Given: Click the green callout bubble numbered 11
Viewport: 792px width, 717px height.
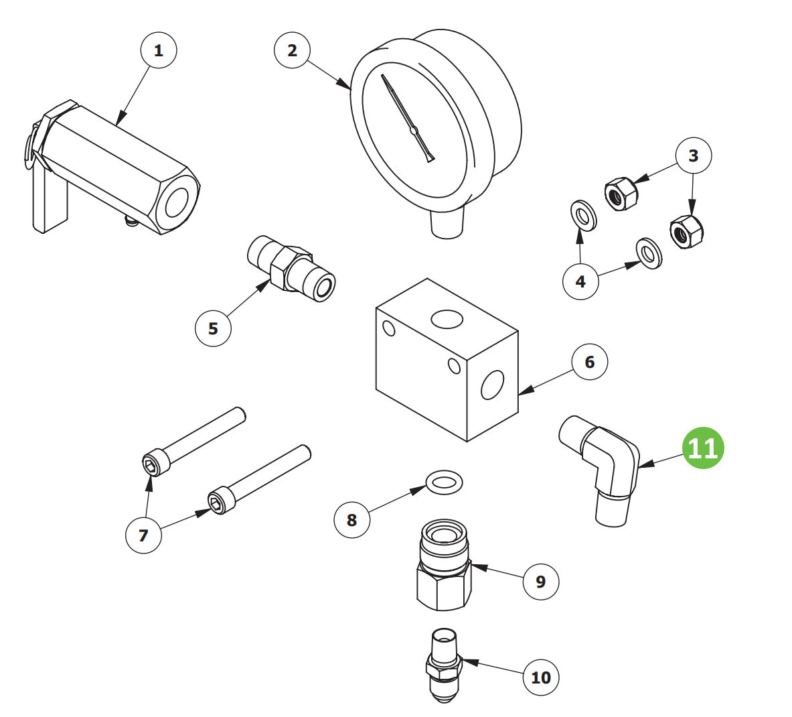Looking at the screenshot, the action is pos(702,448).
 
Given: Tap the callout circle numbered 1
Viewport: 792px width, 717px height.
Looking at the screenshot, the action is pos(159,50).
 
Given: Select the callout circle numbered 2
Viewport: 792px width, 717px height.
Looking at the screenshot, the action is pos(293,50).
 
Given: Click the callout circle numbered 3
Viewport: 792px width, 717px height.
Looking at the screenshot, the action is pos(694,155).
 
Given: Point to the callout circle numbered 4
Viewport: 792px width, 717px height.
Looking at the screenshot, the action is pos(581,281).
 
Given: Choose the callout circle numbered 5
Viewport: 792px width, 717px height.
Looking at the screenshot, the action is pos(213,328).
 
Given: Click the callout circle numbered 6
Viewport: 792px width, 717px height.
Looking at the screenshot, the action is pos(589,362).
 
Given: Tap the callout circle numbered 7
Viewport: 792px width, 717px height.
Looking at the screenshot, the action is pos(143,535).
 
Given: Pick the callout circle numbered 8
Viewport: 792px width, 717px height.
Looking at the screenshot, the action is pos(352,519).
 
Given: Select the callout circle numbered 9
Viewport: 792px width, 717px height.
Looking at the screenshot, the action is pos(540,582).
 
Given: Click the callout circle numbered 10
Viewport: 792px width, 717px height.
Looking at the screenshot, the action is pos(540,677).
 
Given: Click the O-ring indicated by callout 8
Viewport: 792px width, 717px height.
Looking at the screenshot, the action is pos(445,482).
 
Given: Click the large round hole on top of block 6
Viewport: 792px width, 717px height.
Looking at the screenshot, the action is pos(447,319).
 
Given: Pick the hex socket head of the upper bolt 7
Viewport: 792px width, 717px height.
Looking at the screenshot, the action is pos(151,464).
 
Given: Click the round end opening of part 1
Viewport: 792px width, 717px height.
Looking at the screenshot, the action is pos(176,203).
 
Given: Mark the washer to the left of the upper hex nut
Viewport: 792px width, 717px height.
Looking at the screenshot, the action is pos(583,216).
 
